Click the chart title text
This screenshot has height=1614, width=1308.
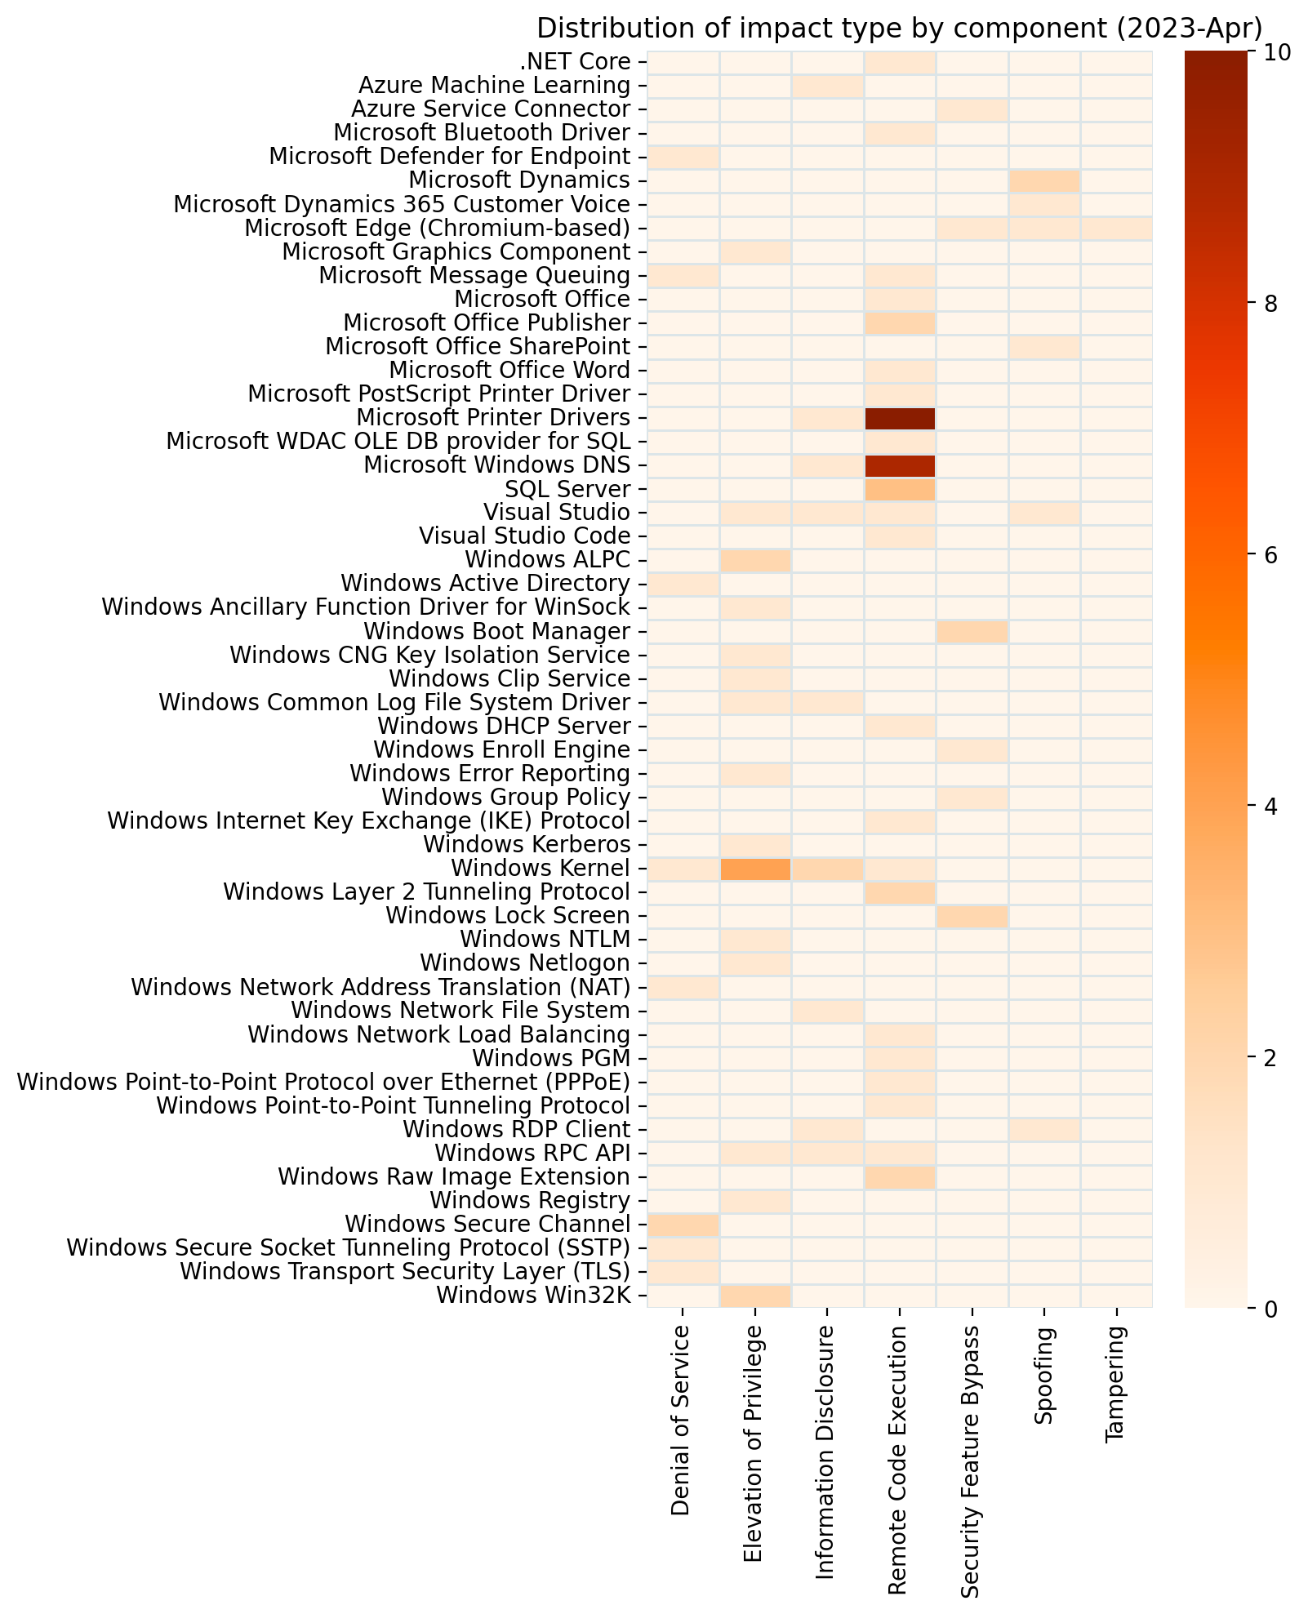[899, 29]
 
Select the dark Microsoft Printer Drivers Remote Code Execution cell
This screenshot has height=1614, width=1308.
[899, 418]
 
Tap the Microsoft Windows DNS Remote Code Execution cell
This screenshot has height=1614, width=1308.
[899, 465]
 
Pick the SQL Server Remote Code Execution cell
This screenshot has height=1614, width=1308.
[899, 489]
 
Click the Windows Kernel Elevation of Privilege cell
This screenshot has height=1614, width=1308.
[755, 869]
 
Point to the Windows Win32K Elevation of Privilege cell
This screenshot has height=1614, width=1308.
[755, 1295]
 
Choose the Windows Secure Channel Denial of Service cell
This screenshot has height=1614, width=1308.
[683, 1224]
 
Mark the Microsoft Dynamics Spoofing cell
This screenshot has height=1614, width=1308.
[1043, 180]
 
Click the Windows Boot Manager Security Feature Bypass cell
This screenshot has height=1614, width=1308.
[972, 631]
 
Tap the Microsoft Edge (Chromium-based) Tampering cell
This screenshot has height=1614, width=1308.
[1115, 228]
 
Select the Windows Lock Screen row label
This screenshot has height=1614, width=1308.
[507, 916]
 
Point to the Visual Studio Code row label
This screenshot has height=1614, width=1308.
[524, 536]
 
